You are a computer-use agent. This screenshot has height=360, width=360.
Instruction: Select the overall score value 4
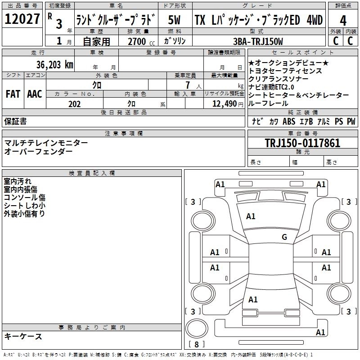tap(343, 20)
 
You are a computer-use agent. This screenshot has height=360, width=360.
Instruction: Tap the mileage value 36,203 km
tap(54, 64)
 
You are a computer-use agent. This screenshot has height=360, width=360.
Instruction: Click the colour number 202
tap(74, 104)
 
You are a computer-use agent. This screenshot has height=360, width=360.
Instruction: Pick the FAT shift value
tap(13, 94)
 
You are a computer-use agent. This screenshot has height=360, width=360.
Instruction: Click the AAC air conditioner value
tap(35, 94)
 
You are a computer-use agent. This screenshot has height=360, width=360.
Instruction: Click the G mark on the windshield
tap(284, 237)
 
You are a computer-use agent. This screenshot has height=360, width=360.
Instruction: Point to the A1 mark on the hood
tap(251, 216)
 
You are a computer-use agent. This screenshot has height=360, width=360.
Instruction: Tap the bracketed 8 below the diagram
tap(197, 344)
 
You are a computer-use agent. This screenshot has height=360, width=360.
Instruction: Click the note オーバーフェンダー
tap(38, 151)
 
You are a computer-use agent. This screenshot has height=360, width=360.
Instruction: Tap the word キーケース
tap(23, 336)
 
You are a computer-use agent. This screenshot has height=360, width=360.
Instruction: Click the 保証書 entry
tap(15, 121)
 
